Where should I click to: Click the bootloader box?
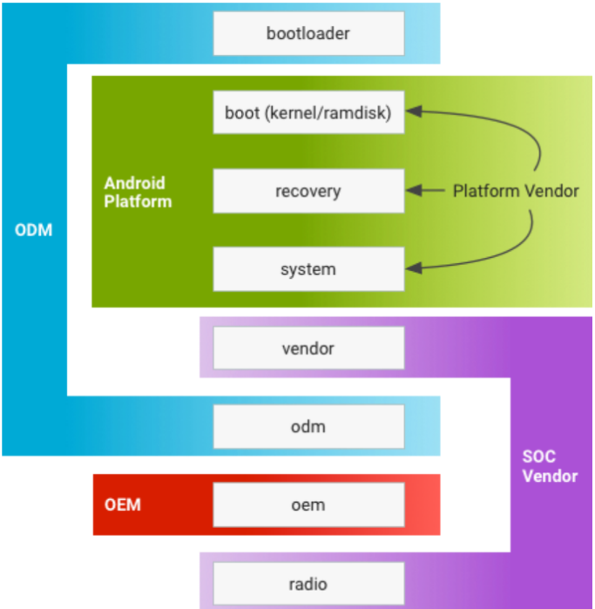click(x=308, y=33)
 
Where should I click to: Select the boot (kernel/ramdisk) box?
click(x=308, y=112)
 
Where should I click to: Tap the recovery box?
click(x=308, y=191)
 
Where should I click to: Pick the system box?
click(x=308, y=269)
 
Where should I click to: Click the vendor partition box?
click(x=308, y=348)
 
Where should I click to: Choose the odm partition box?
click(x=308, y=426)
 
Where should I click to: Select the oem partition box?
click(x=308, y=505)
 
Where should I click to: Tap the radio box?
click(x=308, y=584)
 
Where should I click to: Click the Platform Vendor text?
click(x=516, y=191)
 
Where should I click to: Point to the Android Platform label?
click(x=138, y=193)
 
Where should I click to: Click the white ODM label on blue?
click(x=33, y=230)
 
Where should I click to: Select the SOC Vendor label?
click(x=550, y=466)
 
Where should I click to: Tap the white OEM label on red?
click(x=122, y=505)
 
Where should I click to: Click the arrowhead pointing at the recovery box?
click(x=414, y=190)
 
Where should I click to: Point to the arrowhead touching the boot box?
click(x=414, y=112)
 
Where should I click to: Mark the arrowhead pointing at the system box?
click(x=414, y=268)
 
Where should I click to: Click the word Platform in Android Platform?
click(x=138, y=201)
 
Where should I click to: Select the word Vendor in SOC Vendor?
click(x=550, y=477)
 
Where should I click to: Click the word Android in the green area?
click(x=135, y=183)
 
